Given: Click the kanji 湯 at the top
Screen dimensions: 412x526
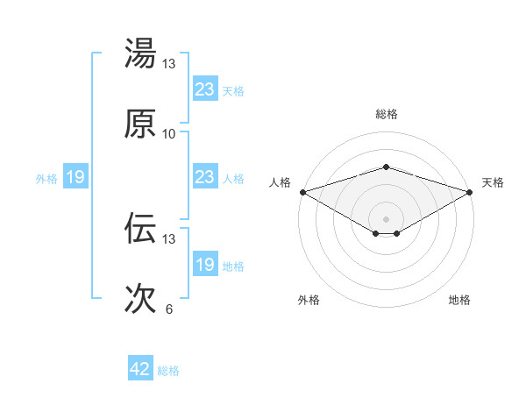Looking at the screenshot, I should (140, 54).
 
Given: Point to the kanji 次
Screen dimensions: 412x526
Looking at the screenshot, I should (140, 298).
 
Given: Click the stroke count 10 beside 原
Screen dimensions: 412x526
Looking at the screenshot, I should (169, 133).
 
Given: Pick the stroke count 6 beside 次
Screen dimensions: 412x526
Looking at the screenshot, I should (169, 309).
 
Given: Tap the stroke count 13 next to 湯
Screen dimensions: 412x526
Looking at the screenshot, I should (169, 64).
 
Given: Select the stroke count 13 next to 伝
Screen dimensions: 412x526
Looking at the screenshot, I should (169, 238).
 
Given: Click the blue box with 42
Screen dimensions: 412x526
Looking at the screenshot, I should (140, 369).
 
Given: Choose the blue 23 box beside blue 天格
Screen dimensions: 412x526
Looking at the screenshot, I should (204, 89).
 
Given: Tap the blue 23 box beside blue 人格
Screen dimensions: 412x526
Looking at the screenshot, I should (204, 177).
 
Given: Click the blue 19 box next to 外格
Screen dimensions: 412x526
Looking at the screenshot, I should (75, 178).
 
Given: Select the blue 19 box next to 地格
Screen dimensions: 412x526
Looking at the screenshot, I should (204, 265).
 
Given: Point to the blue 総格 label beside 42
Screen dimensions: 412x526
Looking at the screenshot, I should (168, 371).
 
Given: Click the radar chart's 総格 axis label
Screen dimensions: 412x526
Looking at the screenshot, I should (386, 114).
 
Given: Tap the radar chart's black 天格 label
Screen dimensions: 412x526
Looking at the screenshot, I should (493, 182).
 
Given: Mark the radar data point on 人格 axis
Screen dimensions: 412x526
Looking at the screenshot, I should (302, 192).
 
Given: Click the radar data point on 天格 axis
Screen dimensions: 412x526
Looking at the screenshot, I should (470, 192).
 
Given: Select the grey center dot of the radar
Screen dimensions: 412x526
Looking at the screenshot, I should (386, 218).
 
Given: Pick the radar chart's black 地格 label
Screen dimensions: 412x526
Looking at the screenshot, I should (459, 301).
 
